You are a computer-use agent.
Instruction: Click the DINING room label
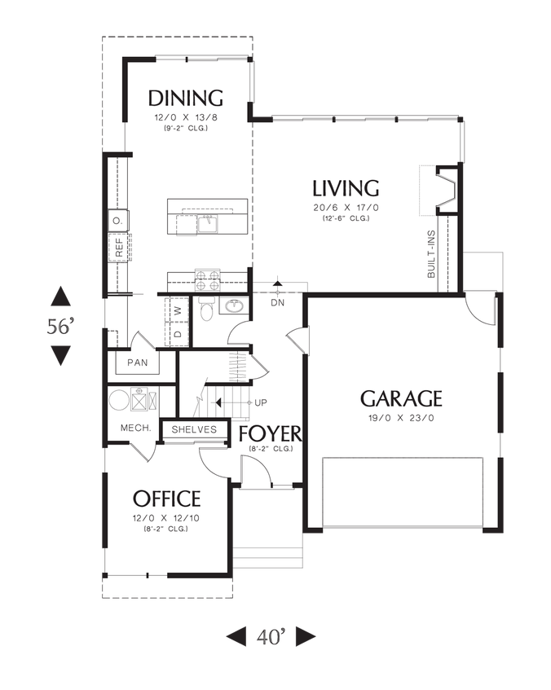[185, 99]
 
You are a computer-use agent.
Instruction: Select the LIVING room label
[346, 188]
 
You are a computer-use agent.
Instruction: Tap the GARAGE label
[401, 398]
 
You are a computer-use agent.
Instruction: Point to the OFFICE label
[166, 498]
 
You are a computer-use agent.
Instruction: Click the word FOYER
[270, 433]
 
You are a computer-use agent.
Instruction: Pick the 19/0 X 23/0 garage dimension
[401, 419]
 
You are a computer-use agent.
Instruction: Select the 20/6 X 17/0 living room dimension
[346, 208]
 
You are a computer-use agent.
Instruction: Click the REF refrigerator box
[119, 248]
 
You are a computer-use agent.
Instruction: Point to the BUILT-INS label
[431, 254]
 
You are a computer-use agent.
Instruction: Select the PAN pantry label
[138, 362]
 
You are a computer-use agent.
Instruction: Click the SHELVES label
[194, 429]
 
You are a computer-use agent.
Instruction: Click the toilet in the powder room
[205, 310]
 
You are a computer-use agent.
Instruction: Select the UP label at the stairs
[261, 403]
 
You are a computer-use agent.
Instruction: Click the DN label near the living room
[277, 302]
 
